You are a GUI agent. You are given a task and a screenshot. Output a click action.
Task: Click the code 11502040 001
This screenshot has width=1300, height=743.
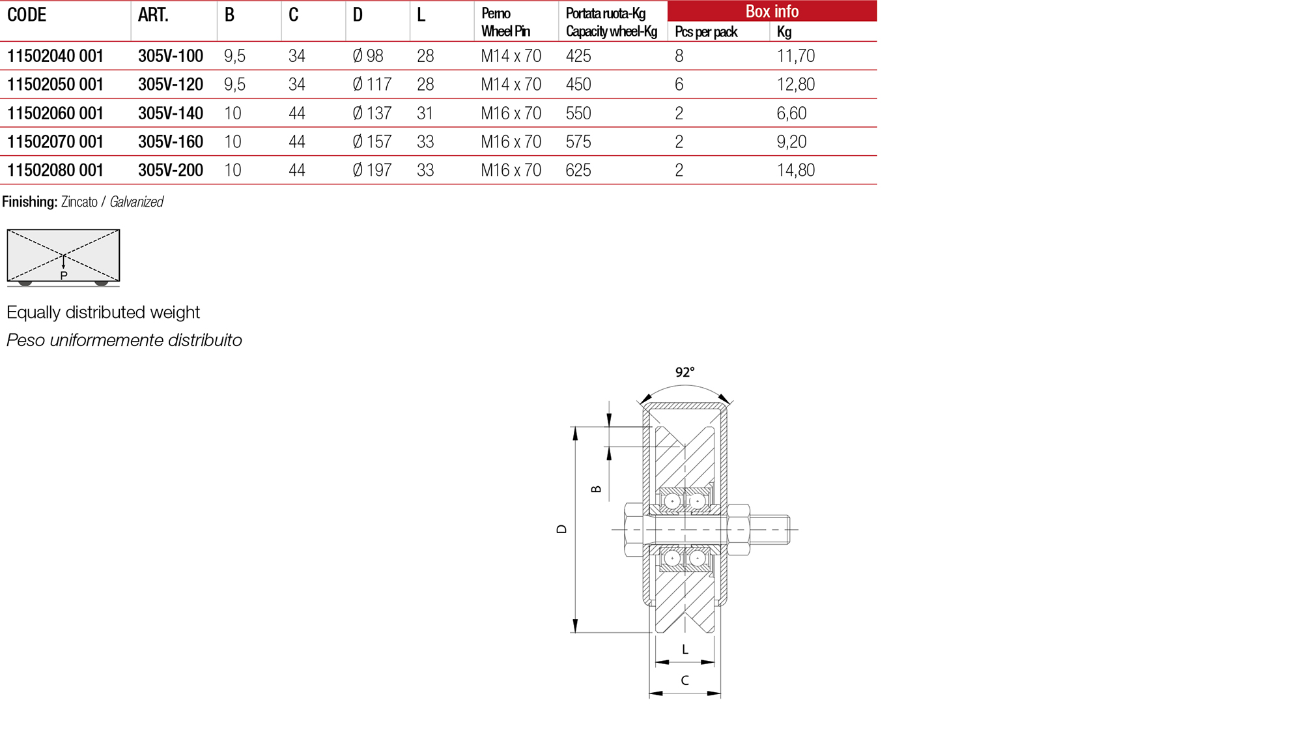tap(55, 56)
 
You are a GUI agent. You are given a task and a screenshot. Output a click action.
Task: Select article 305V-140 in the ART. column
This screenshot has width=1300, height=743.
tap(170, 113)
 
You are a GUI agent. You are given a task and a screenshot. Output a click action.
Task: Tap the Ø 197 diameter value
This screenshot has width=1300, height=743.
tap(372, 170)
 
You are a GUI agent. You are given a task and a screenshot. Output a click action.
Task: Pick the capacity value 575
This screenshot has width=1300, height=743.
tap(578, 141)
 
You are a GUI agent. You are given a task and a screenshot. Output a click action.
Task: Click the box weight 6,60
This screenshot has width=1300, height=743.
tap(791, 113)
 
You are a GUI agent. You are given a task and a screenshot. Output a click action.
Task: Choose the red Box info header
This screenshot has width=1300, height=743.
tap(771, 11)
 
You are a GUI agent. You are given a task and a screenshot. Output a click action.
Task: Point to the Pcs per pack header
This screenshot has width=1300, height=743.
tap(705, 32)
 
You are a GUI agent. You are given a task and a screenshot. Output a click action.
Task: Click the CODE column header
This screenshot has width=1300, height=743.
tap(27, 15)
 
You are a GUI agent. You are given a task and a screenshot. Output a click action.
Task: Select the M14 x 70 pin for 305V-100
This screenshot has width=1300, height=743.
tap(511, 56)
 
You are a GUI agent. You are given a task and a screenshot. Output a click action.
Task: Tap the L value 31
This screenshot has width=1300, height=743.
tap(425, 113)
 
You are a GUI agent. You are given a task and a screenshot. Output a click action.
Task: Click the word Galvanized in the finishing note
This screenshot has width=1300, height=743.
tap(136, 202)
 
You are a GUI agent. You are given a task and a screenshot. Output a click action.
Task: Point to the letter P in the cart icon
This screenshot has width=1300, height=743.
tap(64, 276)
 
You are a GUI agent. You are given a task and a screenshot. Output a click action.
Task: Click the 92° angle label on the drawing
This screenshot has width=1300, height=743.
tap(685, 372)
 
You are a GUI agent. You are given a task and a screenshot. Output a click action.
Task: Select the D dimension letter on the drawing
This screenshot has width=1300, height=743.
tap(561, 529)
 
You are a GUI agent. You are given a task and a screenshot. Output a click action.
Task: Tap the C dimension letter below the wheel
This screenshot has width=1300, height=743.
tap(685, 680)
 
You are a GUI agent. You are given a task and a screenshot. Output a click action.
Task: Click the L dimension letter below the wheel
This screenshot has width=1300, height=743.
tap(685, 650)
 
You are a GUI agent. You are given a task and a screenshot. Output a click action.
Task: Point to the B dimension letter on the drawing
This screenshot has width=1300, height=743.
tap(596, 489)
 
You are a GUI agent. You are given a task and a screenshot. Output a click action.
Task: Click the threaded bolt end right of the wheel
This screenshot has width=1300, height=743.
tap(771, 529)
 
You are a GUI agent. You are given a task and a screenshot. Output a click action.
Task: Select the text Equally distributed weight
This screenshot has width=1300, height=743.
tap(103, 312)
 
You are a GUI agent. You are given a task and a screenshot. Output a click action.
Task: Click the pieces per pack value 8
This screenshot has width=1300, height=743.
tap(679, 56)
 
